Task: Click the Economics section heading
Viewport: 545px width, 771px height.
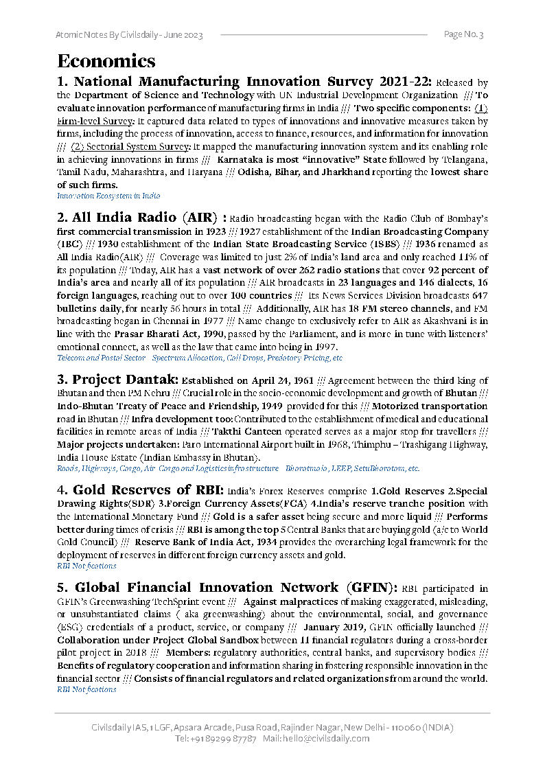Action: pyautogui.click(x=106, y=60)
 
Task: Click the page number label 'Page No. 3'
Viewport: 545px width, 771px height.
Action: pyautogui.click(x=463, y=34)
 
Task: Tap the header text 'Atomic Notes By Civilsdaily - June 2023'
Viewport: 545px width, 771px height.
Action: pyautogui.click(x=129, y=35)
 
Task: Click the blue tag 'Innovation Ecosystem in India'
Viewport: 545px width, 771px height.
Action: pyautogui.click(x=108, y=196)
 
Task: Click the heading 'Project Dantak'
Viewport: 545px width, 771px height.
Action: pyautogui.click(x=117, y=380)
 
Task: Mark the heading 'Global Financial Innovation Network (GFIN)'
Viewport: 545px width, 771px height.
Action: pyautogui.click(x=227, y=588)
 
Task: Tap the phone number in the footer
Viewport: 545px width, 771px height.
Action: pyautogui.click(x=216, y=739)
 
